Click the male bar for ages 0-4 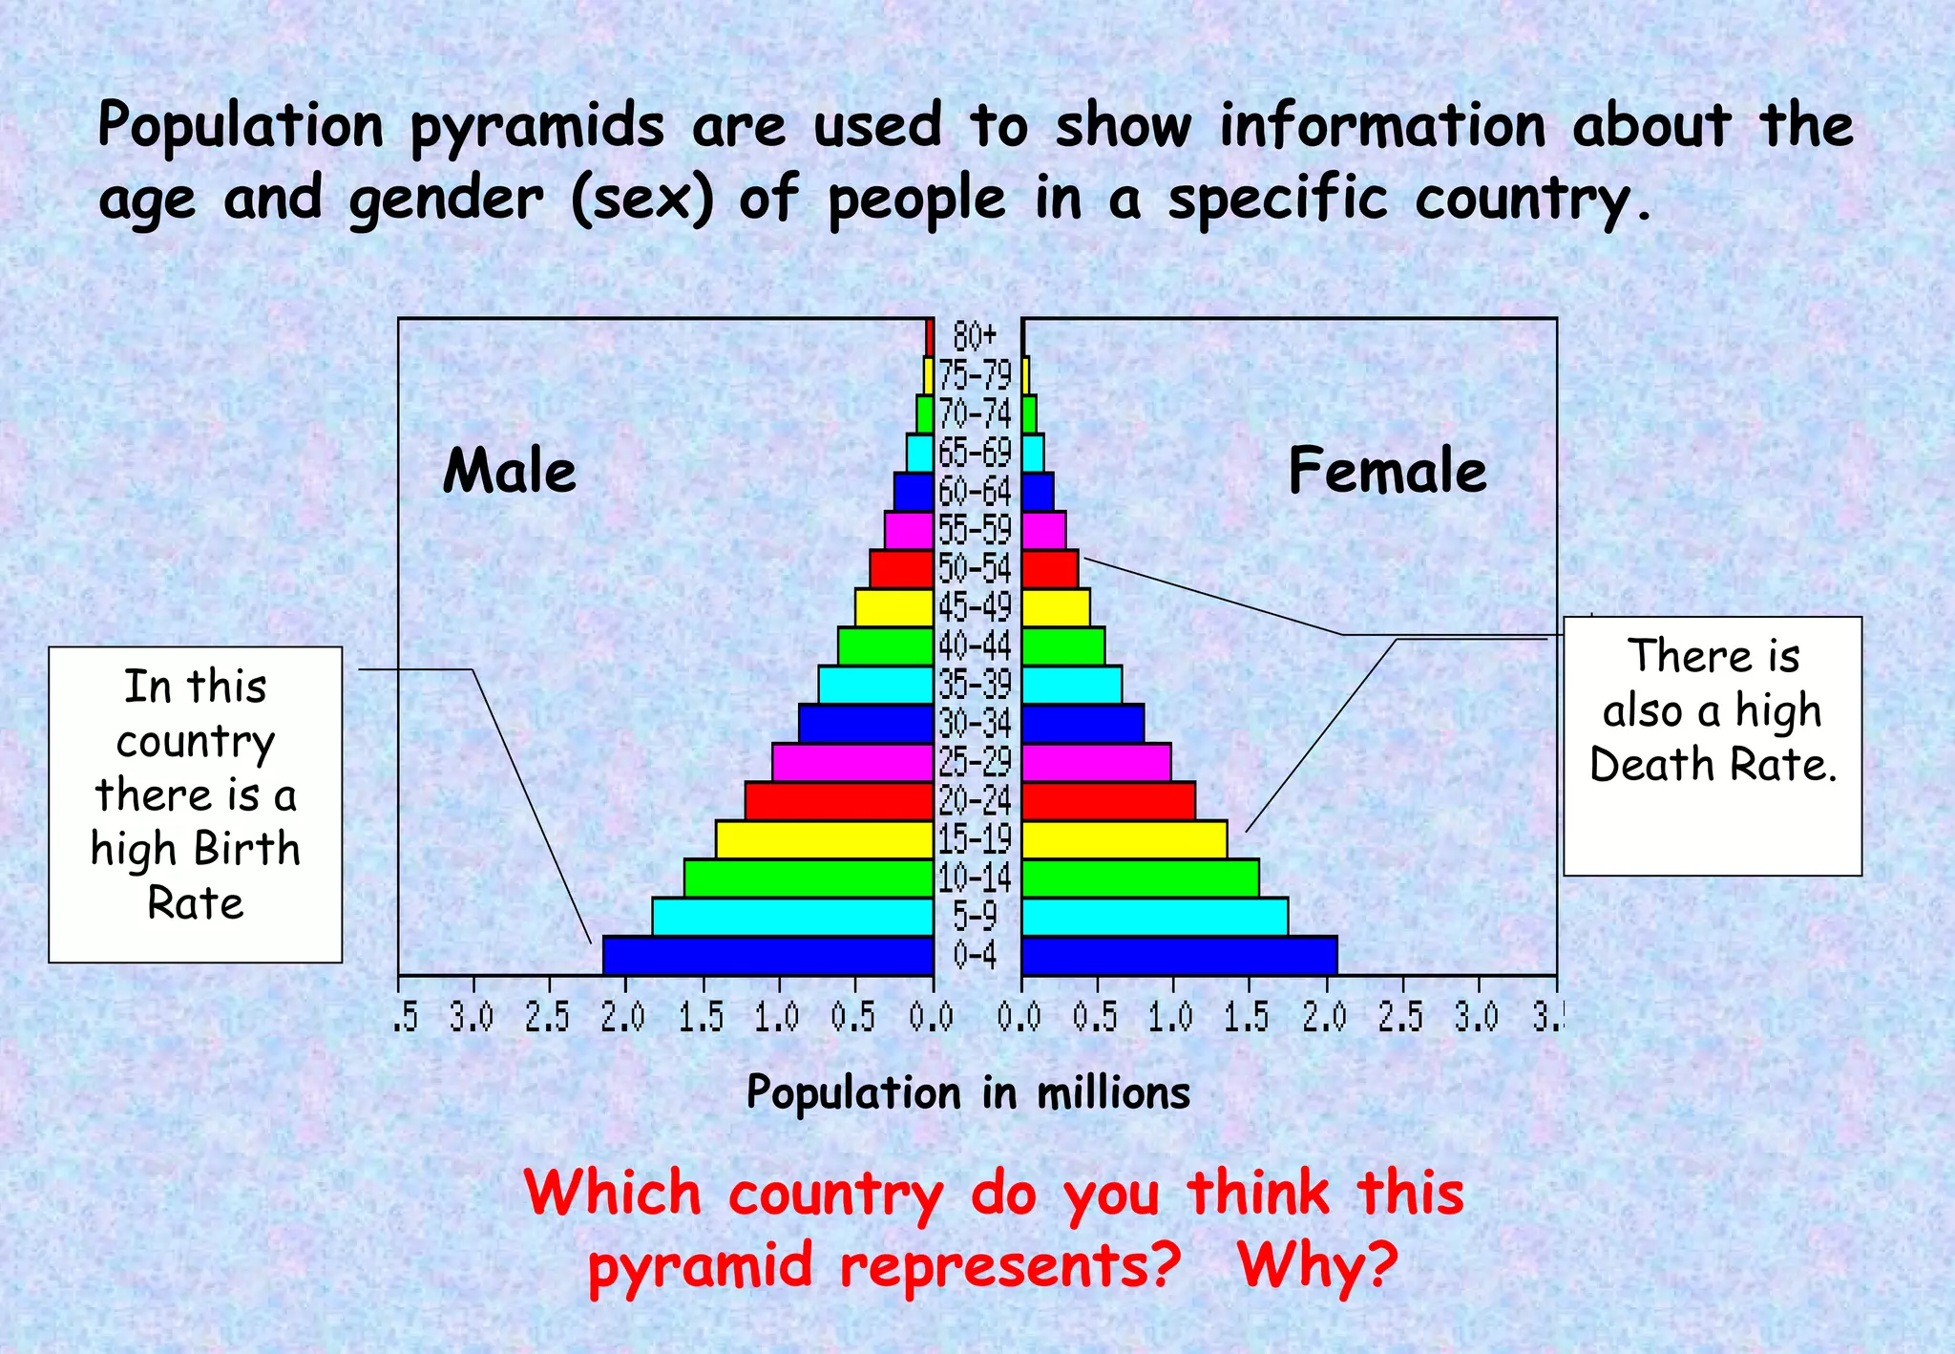pyautogui.click(x=767, y=955)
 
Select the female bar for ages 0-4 pyautogui.click(x=1179, y=955)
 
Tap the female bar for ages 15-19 pyautogui.click(x=1124, y=839)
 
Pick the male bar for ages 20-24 pyautogui.click(x=839, y=800)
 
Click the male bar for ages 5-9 pyautogui.click(x=792, y=916)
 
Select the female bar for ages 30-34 pyautogui.click(x=1083, y=723)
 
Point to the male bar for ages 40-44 pyautogui.click(x=885, y=645)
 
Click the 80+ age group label pyautogui.click(x=975, y=336)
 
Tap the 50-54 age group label pyautogui.click(x=975, y=568)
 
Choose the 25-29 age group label pyautogui.click(x=975, y=762)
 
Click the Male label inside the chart pyautogui.click(x=510, y=471)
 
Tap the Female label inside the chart pyautogui.click(x=1387, y=471)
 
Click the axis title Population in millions pyautogui.click(x=968, y=1092)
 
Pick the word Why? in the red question pyautogui.click(x=1317, y=1265)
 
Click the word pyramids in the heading pyautogui.click(x=536, y=126)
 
